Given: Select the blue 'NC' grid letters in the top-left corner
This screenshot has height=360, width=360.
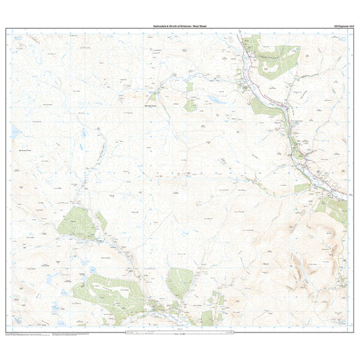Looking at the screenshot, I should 17,41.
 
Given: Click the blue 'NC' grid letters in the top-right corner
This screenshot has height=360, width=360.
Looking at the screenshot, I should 342,41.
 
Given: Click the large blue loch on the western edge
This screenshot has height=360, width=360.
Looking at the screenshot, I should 14,133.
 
